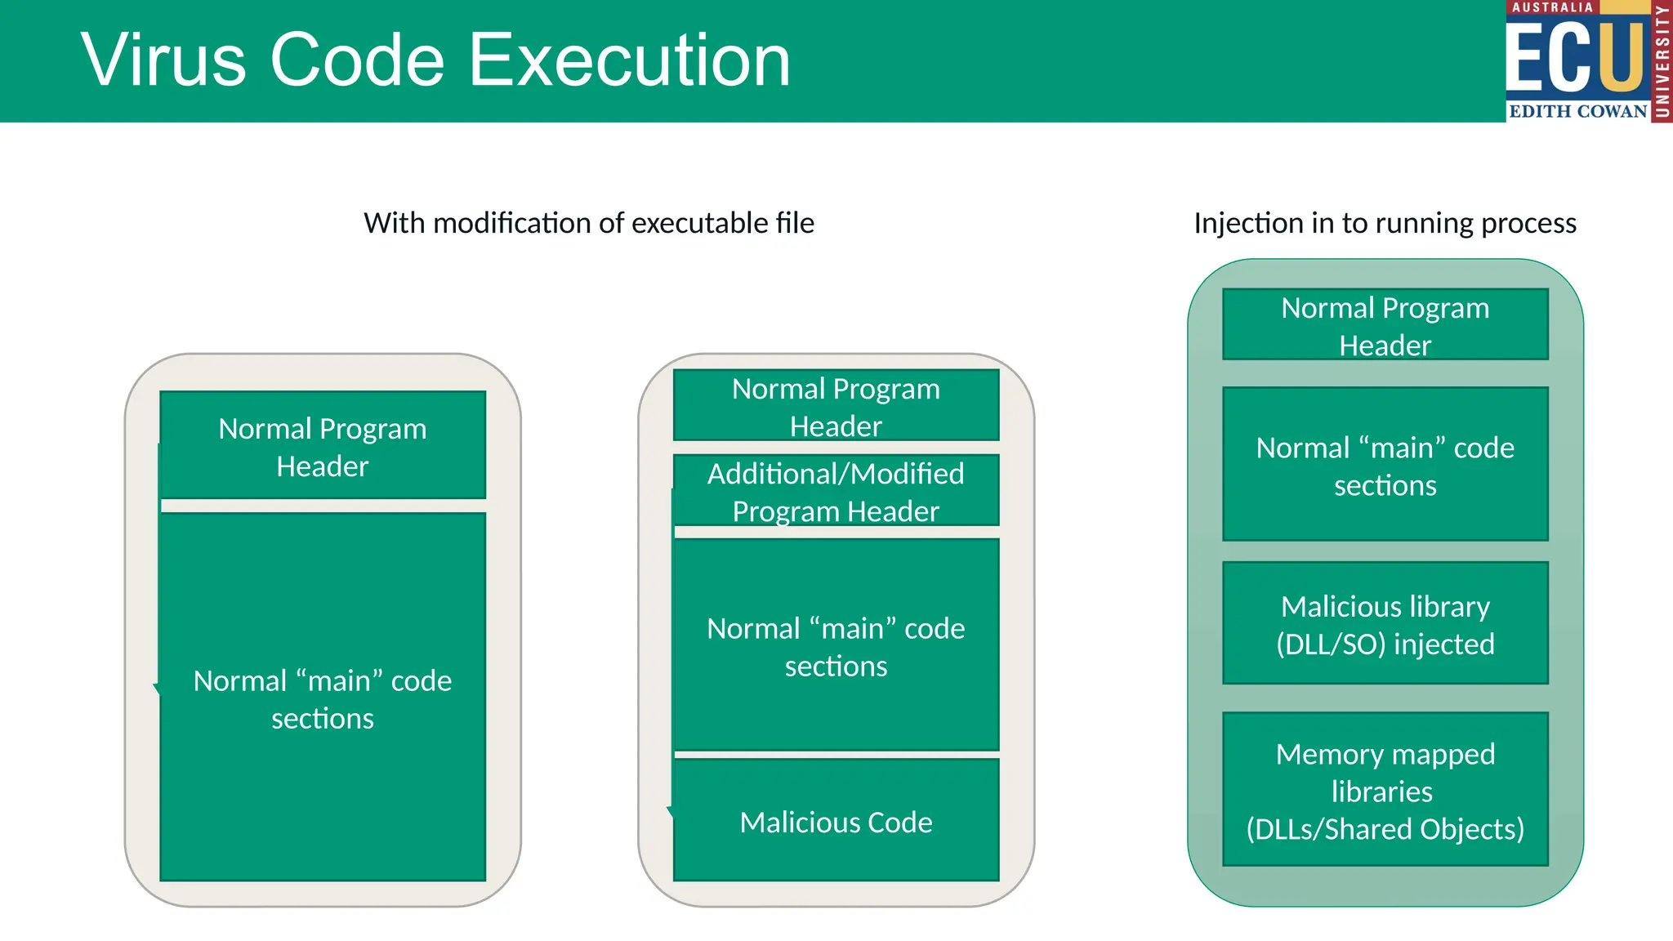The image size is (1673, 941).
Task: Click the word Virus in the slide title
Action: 163,60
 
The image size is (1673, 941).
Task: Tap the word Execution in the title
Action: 629,60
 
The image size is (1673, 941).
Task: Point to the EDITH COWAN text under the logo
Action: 1577,111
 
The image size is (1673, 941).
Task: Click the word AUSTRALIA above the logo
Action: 1552,7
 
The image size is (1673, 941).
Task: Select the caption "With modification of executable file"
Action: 588,223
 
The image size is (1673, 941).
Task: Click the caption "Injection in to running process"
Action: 1385,223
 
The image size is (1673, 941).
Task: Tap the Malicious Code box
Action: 836,821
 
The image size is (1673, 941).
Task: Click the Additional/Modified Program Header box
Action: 836,491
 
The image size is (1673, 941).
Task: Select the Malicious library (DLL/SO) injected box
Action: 1385,624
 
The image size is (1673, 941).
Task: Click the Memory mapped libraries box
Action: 1385,789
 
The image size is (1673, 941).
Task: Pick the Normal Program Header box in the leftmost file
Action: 323,446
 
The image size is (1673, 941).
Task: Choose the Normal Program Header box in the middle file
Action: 836,406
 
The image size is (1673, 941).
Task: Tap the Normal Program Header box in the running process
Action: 1385,325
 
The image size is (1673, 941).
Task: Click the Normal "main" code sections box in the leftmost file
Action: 323,698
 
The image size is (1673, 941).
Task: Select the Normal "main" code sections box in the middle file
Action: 836,646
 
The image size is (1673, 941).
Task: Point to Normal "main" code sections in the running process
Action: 1385,466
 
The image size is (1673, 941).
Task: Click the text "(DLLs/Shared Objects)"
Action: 1385,829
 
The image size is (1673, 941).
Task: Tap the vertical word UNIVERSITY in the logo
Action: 1662,61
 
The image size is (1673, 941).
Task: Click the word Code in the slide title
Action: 357,60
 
